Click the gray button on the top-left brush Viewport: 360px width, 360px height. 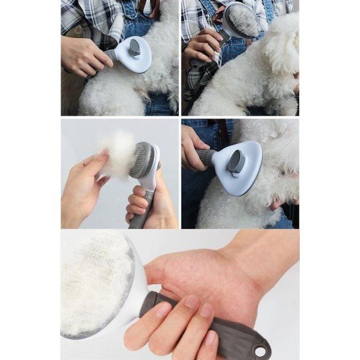pos(134,48)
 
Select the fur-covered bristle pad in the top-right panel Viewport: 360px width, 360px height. pos(243,21)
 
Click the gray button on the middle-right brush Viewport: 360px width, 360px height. pos(237,159)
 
